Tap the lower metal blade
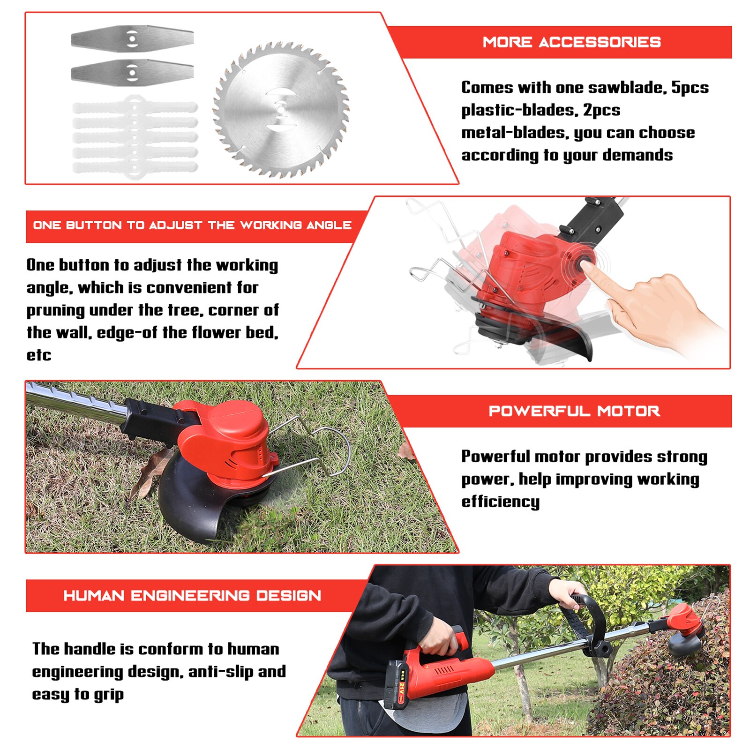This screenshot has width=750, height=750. [x=132, y=72]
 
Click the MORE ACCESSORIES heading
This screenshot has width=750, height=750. [x=571, y=42]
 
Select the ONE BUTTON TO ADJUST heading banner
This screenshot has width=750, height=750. [x=192, y=225]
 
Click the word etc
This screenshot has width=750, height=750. [x=39, y=355]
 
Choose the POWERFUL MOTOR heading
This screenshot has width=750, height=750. [x=574, y=411]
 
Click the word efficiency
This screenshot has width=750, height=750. [x=500, y=502]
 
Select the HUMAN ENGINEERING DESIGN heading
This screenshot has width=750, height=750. [x=192, y=596]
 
